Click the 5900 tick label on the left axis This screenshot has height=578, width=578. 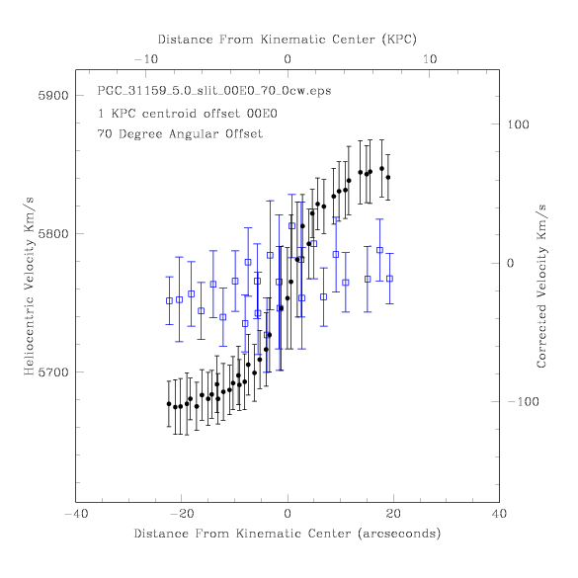pyautogui.click(x=53, y=96)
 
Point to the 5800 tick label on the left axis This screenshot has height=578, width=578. pyautogui.click(x=53, y=234)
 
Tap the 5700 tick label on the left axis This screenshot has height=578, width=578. pyautogui.click(x=53, y=372)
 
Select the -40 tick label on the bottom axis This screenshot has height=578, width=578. pyautogui.click(x=76, y=514)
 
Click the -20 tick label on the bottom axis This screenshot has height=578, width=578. pyautogui.click(x=181, y=514)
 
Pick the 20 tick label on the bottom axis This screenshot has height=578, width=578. pyautogui.click(x=393, y=514)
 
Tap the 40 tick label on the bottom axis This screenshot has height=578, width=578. pyautogui.click(x=499, y=514)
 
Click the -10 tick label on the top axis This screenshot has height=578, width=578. pyautogui.click(x=146, y=59)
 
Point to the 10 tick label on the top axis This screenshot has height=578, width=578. pyautogui.click(x=430, y=59)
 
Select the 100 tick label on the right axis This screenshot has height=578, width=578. pyautogui.click(x=518, y=124)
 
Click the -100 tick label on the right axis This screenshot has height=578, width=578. pyautogui.click(x=523, y=401)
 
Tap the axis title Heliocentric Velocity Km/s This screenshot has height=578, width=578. pyautogui.click(x=29, y=287)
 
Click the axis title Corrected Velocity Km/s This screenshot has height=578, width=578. pyautogui.click(x=541, y=287)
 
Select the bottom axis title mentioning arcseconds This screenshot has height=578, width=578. pyautogui.click(x=288, y=534)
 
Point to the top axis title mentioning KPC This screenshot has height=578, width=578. pyautogui.click(x=288, y=40)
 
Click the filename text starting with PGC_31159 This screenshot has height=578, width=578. pyautogui.click(x=214, y=91)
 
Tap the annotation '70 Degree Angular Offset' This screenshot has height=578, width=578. pyautogui.click(x=180, y=133)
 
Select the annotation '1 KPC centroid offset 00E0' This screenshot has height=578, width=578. pyautogui.click(x=188, y=114)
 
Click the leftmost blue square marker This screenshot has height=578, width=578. pyautogui.click(x=169, y=300)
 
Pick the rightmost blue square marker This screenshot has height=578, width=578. pyautogui.click(x=389, y=279)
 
